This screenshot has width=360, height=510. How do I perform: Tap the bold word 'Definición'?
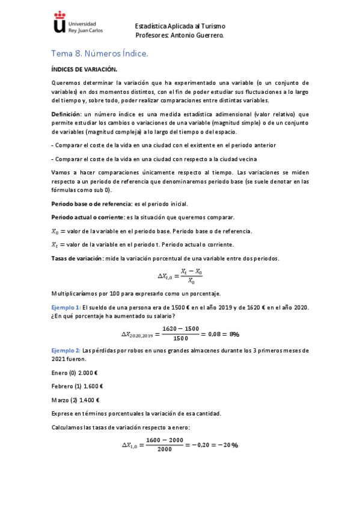tap(67, 114)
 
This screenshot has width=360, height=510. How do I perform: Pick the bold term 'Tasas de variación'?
tap(78, 259)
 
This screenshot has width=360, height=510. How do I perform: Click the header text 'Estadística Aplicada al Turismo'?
tap(180, 26)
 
